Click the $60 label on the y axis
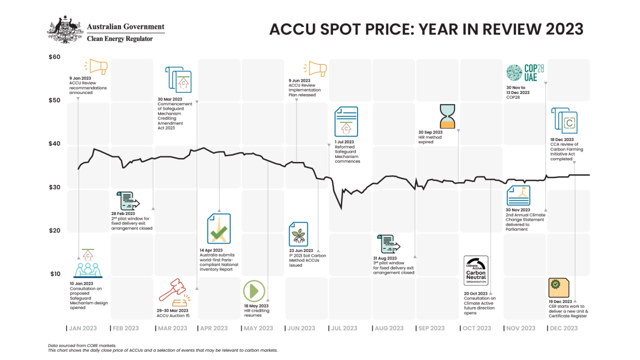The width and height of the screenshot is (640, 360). [54, 57]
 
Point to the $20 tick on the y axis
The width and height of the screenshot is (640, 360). [54, 230]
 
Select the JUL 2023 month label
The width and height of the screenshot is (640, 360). [341, 328]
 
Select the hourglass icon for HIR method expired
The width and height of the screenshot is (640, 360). [448, 116]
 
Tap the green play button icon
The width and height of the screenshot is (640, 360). [254, 290]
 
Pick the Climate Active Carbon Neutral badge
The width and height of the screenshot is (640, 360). [476, 271]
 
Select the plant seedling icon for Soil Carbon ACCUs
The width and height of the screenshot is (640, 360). [299, 234]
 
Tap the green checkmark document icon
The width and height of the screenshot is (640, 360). [218, 229]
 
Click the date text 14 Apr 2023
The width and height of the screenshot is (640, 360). [213, 250]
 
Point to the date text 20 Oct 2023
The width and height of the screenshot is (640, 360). [476, 293]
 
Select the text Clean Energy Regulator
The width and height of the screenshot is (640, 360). [119, 38]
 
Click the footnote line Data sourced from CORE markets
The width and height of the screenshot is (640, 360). [82, 345]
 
